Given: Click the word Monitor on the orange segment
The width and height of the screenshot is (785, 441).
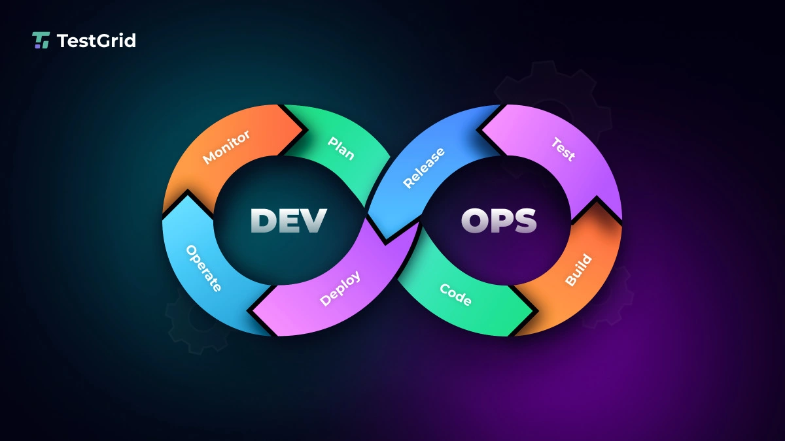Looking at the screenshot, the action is pos(226,146).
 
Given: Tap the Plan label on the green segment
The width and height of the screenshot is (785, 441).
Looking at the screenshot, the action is pos(341,148).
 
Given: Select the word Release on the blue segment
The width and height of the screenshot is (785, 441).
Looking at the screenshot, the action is pos(424,168).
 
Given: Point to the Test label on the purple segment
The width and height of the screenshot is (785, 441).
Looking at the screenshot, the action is pos(563,150).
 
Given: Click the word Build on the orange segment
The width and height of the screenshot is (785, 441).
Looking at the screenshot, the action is pos(578,270).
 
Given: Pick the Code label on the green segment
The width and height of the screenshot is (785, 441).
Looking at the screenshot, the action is pos(455,295).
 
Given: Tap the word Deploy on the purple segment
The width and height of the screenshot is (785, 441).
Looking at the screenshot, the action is pos(340,288).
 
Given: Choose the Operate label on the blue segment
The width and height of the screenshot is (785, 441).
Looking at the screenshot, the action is pos(203,268).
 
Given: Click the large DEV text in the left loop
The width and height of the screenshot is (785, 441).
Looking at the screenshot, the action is pos(288,221).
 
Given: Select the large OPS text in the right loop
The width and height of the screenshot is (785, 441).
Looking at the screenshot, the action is pos(498,221).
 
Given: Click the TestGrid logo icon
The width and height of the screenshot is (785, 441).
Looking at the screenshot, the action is pos(41,41).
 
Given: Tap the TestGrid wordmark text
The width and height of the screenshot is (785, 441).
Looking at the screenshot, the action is pos(96,41).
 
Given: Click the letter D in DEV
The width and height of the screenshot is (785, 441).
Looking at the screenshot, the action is pos(263,221).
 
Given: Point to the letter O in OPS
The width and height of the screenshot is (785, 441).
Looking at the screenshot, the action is pos(474,221).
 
